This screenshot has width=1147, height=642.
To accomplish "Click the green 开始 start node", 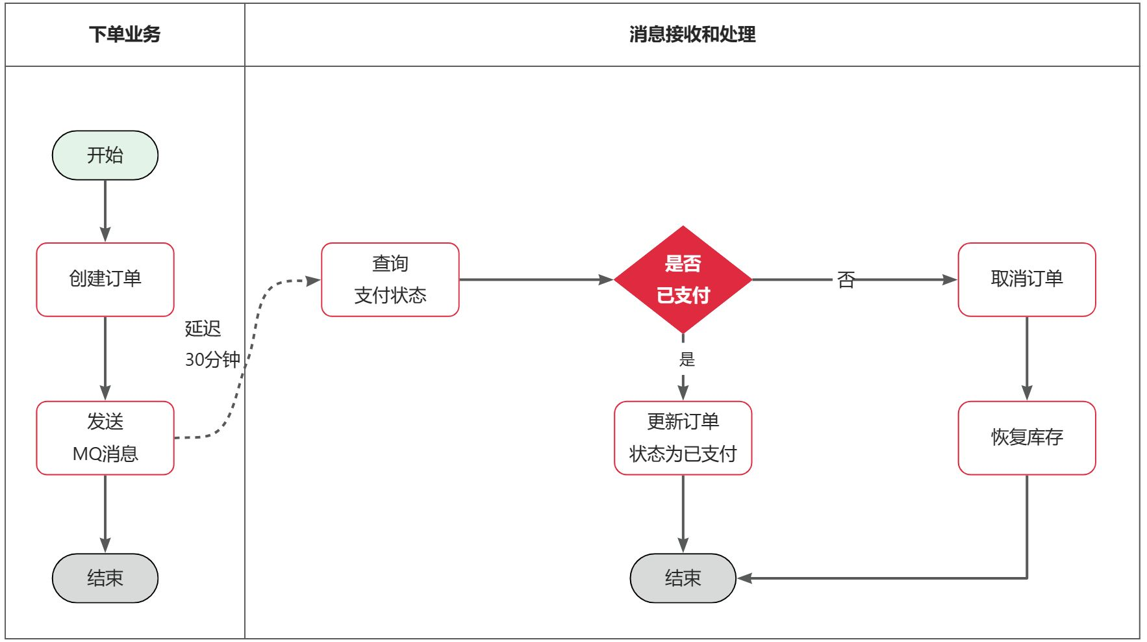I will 105,155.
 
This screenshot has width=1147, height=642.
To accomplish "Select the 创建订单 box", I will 105,279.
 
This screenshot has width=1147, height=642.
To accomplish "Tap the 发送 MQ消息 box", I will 105,438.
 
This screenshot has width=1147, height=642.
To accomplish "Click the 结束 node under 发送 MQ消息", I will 105,578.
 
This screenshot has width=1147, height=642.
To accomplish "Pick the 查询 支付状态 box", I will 390,279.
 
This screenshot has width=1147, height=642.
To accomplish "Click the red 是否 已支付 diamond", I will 683,279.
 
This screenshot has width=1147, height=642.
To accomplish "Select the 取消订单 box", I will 1027,279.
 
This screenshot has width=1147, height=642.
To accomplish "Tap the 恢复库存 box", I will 1027,437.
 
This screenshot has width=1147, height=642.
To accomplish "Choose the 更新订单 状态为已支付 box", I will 683,437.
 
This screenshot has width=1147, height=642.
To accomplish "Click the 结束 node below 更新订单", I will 683,578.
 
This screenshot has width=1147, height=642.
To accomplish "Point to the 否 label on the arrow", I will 846,280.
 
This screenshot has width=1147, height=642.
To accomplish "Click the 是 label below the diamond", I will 687,359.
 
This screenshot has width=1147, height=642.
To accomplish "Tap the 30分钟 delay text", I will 212,359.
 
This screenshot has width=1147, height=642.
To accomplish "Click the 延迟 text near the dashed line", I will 203,329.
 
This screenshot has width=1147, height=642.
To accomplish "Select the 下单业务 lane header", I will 125,34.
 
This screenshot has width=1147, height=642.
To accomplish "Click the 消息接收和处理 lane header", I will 692,34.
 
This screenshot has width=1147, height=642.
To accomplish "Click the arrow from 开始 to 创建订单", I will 105,211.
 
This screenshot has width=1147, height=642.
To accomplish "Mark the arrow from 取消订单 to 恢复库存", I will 1027,358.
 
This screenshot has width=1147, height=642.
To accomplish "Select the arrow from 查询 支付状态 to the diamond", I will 536,279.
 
